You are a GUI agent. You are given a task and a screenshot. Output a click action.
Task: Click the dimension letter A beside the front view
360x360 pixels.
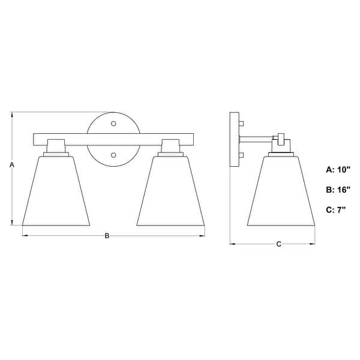12,164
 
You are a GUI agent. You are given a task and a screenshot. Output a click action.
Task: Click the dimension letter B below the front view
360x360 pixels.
107,236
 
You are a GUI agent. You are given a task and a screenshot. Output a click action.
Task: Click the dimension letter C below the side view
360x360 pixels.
279,244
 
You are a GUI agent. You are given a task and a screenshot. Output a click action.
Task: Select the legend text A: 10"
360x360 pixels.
338,170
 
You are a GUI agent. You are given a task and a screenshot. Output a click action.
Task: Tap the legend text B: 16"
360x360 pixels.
338,190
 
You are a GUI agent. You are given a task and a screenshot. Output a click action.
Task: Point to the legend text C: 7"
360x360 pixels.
336,209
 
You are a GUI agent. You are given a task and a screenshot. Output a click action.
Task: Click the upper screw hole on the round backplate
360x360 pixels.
113,124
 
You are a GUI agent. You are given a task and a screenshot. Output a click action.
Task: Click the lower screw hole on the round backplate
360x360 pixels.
113,155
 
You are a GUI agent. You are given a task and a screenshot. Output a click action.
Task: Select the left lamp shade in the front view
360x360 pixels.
56,191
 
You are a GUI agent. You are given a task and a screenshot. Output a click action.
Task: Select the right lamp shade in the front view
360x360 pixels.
170,191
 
